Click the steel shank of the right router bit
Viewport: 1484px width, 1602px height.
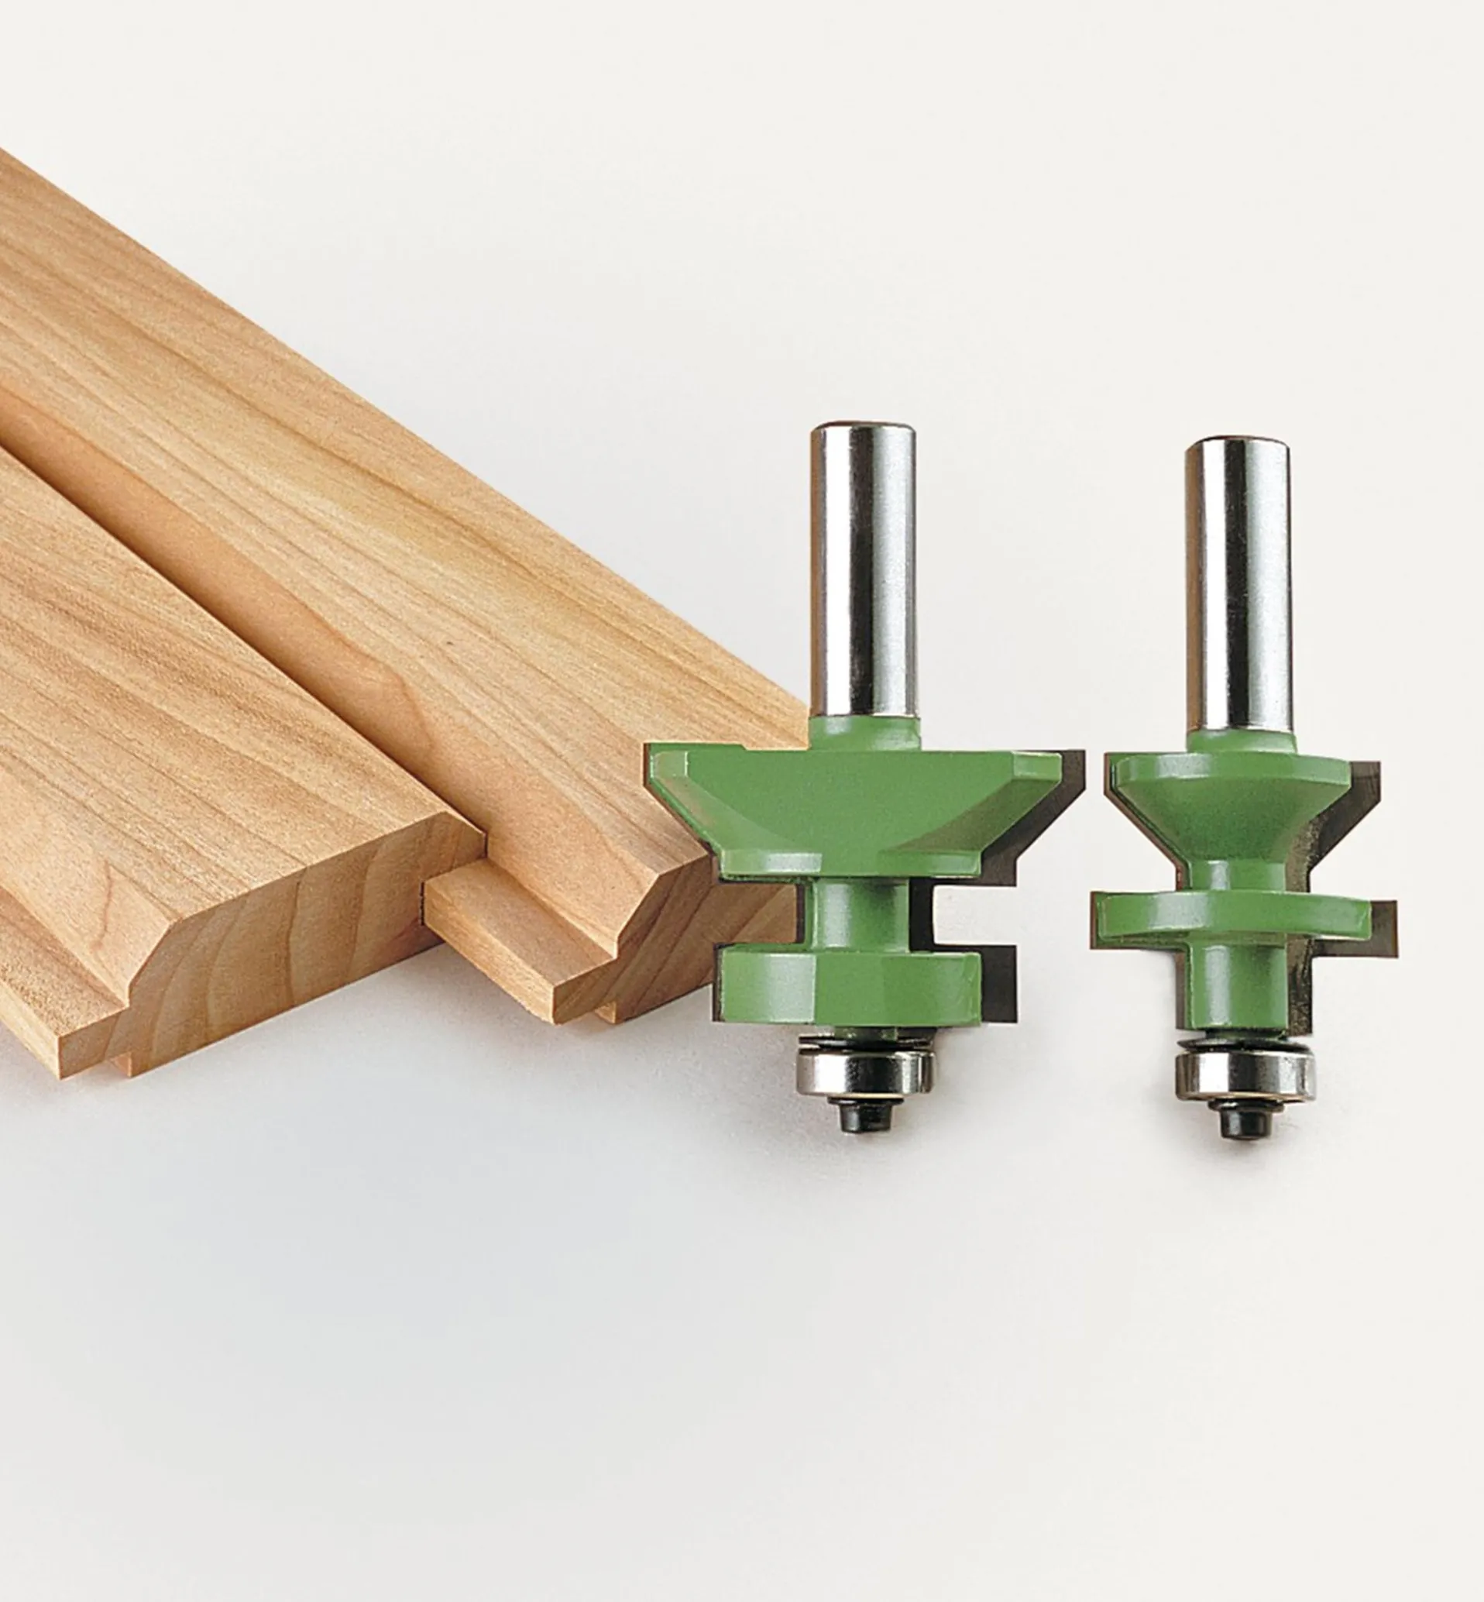coord(1238,586)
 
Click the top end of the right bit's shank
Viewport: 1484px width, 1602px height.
coord(1238,446)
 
